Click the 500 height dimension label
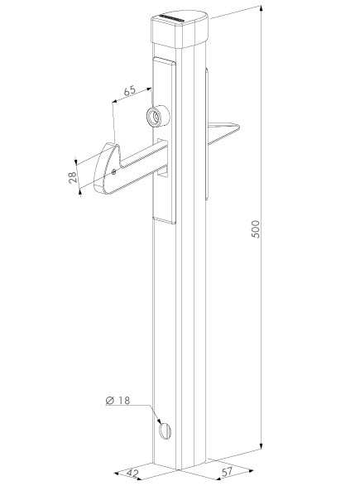256,229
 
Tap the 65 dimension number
130,90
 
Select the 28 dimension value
73,178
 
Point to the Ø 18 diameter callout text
118,400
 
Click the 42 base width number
132,474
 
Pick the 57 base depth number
227,472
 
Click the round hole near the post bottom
165,431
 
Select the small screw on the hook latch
113,171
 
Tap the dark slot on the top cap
171,18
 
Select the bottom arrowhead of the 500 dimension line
262,445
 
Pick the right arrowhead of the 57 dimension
249,471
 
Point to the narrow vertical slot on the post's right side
207,134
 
